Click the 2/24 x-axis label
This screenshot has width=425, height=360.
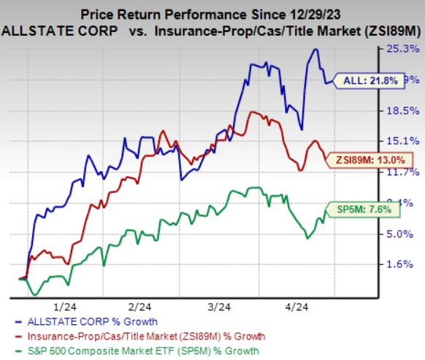[139, 307]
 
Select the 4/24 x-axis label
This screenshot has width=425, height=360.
[296, 307]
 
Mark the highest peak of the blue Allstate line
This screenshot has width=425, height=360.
[315, 50]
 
